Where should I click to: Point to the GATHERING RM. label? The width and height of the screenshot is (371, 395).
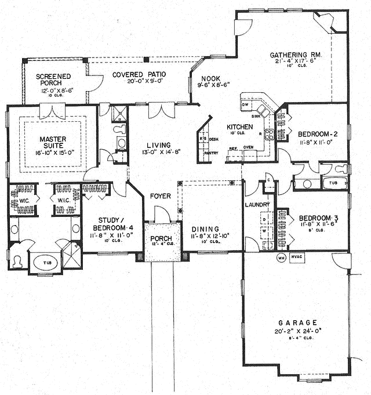point(299,56)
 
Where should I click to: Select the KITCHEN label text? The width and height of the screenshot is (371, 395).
point(238,126)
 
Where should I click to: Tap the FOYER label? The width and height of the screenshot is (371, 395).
point(161,196)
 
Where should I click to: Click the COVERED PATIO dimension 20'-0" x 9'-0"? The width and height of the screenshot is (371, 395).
point(139,82)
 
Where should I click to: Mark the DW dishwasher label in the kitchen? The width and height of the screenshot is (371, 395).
point(245,104)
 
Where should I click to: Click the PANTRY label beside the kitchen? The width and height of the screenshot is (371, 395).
point(211,154)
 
